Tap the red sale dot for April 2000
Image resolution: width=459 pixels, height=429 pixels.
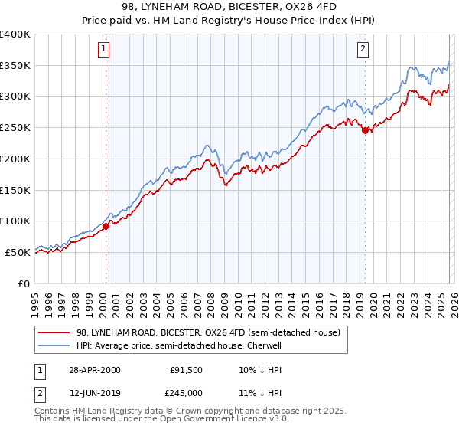click(106, 226)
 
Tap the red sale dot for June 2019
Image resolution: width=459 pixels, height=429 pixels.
click(365, 130)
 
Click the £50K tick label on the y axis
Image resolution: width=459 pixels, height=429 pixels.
click(18, 252)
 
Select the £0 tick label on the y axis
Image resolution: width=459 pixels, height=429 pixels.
click(24, 283)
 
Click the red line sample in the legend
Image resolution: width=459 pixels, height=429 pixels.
click(54, 332)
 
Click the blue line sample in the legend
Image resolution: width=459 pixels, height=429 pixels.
click(54, 345)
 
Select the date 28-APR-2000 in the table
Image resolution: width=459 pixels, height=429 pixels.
click(95, 370)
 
